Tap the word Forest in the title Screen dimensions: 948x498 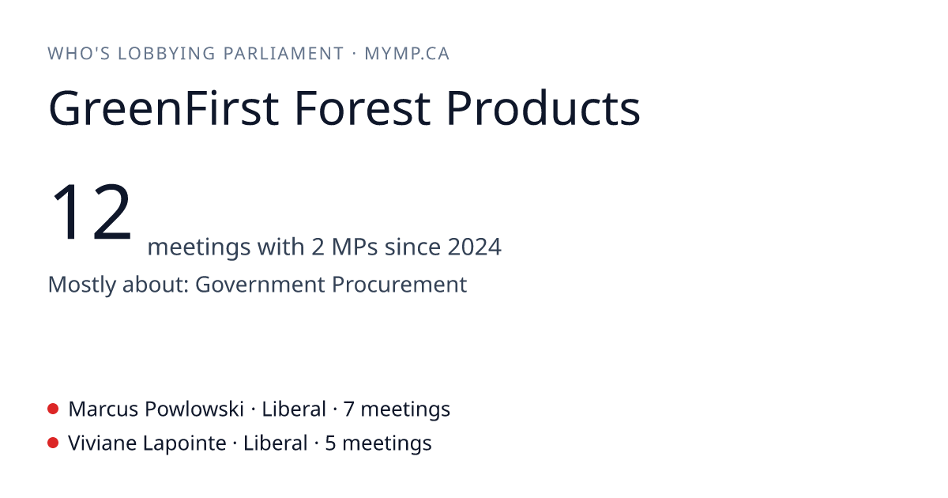(363, 108)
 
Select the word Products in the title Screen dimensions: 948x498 (543, 108)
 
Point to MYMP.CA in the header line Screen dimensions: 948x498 (407, 54)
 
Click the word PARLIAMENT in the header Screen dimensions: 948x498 (284, 54)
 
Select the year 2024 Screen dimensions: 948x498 (475, 247)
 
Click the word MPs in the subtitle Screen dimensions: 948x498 (355, 247)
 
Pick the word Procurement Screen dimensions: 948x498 (400, 284)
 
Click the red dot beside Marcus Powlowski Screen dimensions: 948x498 (53, 409)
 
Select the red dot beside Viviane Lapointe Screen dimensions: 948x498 (53, 443)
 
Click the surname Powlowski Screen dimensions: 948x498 (194, 409)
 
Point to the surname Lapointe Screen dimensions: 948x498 (185, 443)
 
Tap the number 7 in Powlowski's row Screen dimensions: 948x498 (348, 409)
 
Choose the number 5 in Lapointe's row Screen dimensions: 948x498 (330, 443)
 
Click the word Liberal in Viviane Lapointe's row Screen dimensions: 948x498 (276, 443)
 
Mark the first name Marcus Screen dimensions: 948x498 (103, 409)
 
